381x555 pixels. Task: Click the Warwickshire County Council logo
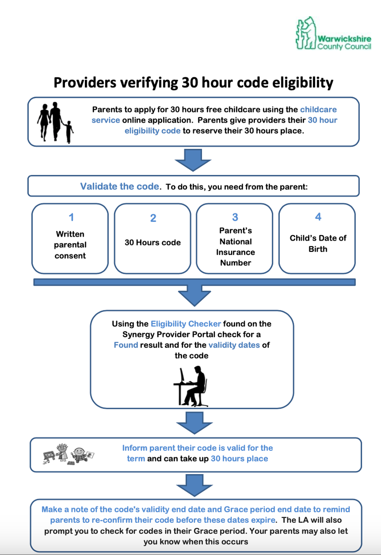click(x=333, y=33)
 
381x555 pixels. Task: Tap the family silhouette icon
click(x=55, y=123)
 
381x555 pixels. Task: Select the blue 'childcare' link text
click(x=318, y=110)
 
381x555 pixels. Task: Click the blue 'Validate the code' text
click(x=120, y=186)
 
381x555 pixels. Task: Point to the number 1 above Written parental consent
click(x=71, y=217)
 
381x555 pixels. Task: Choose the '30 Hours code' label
click(x=153, y=243)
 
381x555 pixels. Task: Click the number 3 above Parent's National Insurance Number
click(x=235, y=217)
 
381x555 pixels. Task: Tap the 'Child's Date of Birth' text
click(x=318, y=244)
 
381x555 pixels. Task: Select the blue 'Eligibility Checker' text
click(x=186, y=324)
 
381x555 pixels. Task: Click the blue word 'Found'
click(x=126, y=345)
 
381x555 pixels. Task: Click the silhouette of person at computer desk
click(x=190, y=386)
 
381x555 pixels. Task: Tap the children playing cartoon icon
click(x=68, y=454)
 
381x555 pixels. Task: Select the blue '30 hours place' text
click(x=239, y=459)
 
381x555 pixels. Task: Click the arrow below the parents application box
click(x=193, y=160)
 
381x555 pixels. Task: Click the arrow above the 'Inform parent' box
click(x=194, y=423)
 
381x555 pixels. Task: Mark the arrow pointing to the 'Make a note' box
click(x=194, y=486)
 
